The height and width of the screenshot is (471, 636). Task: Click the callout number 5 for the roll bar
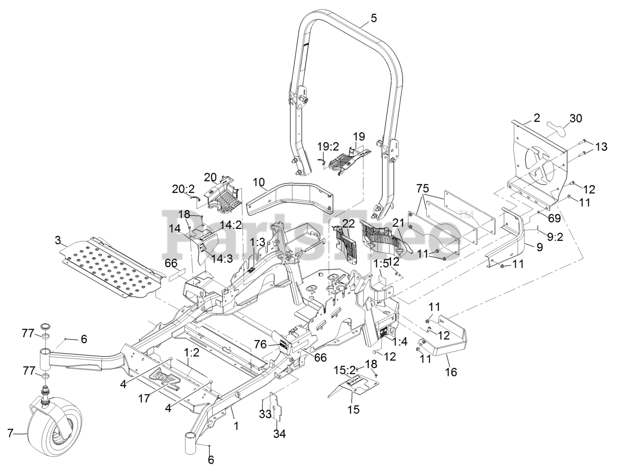click(373, 18)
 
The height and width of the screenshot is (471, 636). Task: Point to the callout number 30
click(575, 118)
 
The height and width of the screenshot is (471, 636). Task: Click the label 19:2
click(328, 146)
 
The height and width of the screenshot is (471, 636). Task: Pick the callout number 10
click(259, 182)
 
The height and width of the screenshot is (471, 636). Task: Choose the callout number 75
click(422, 188)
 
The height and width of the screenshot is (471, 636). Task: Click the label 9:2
click(555, 237)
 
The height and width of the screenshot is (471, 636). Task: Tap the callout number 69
click(554, 218)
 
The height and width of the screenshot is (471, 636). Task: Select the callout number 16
click(451, 372)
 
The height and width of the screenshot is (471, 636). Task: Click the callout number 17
click(144, 398)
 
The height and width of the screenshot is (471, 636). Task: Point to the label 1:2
click(192, 353)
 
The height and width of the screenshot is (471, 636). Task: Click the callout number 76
click(260, 345)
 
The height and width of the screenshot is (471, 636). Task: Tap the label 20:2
click(183, 188)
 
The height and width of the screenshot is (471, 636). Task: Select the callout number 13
click(601, 146)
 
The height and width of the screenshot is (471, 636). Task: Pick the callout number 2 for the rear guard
click(537, 118)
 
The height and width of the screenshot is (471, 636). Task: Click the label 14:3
click(222, 250)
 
